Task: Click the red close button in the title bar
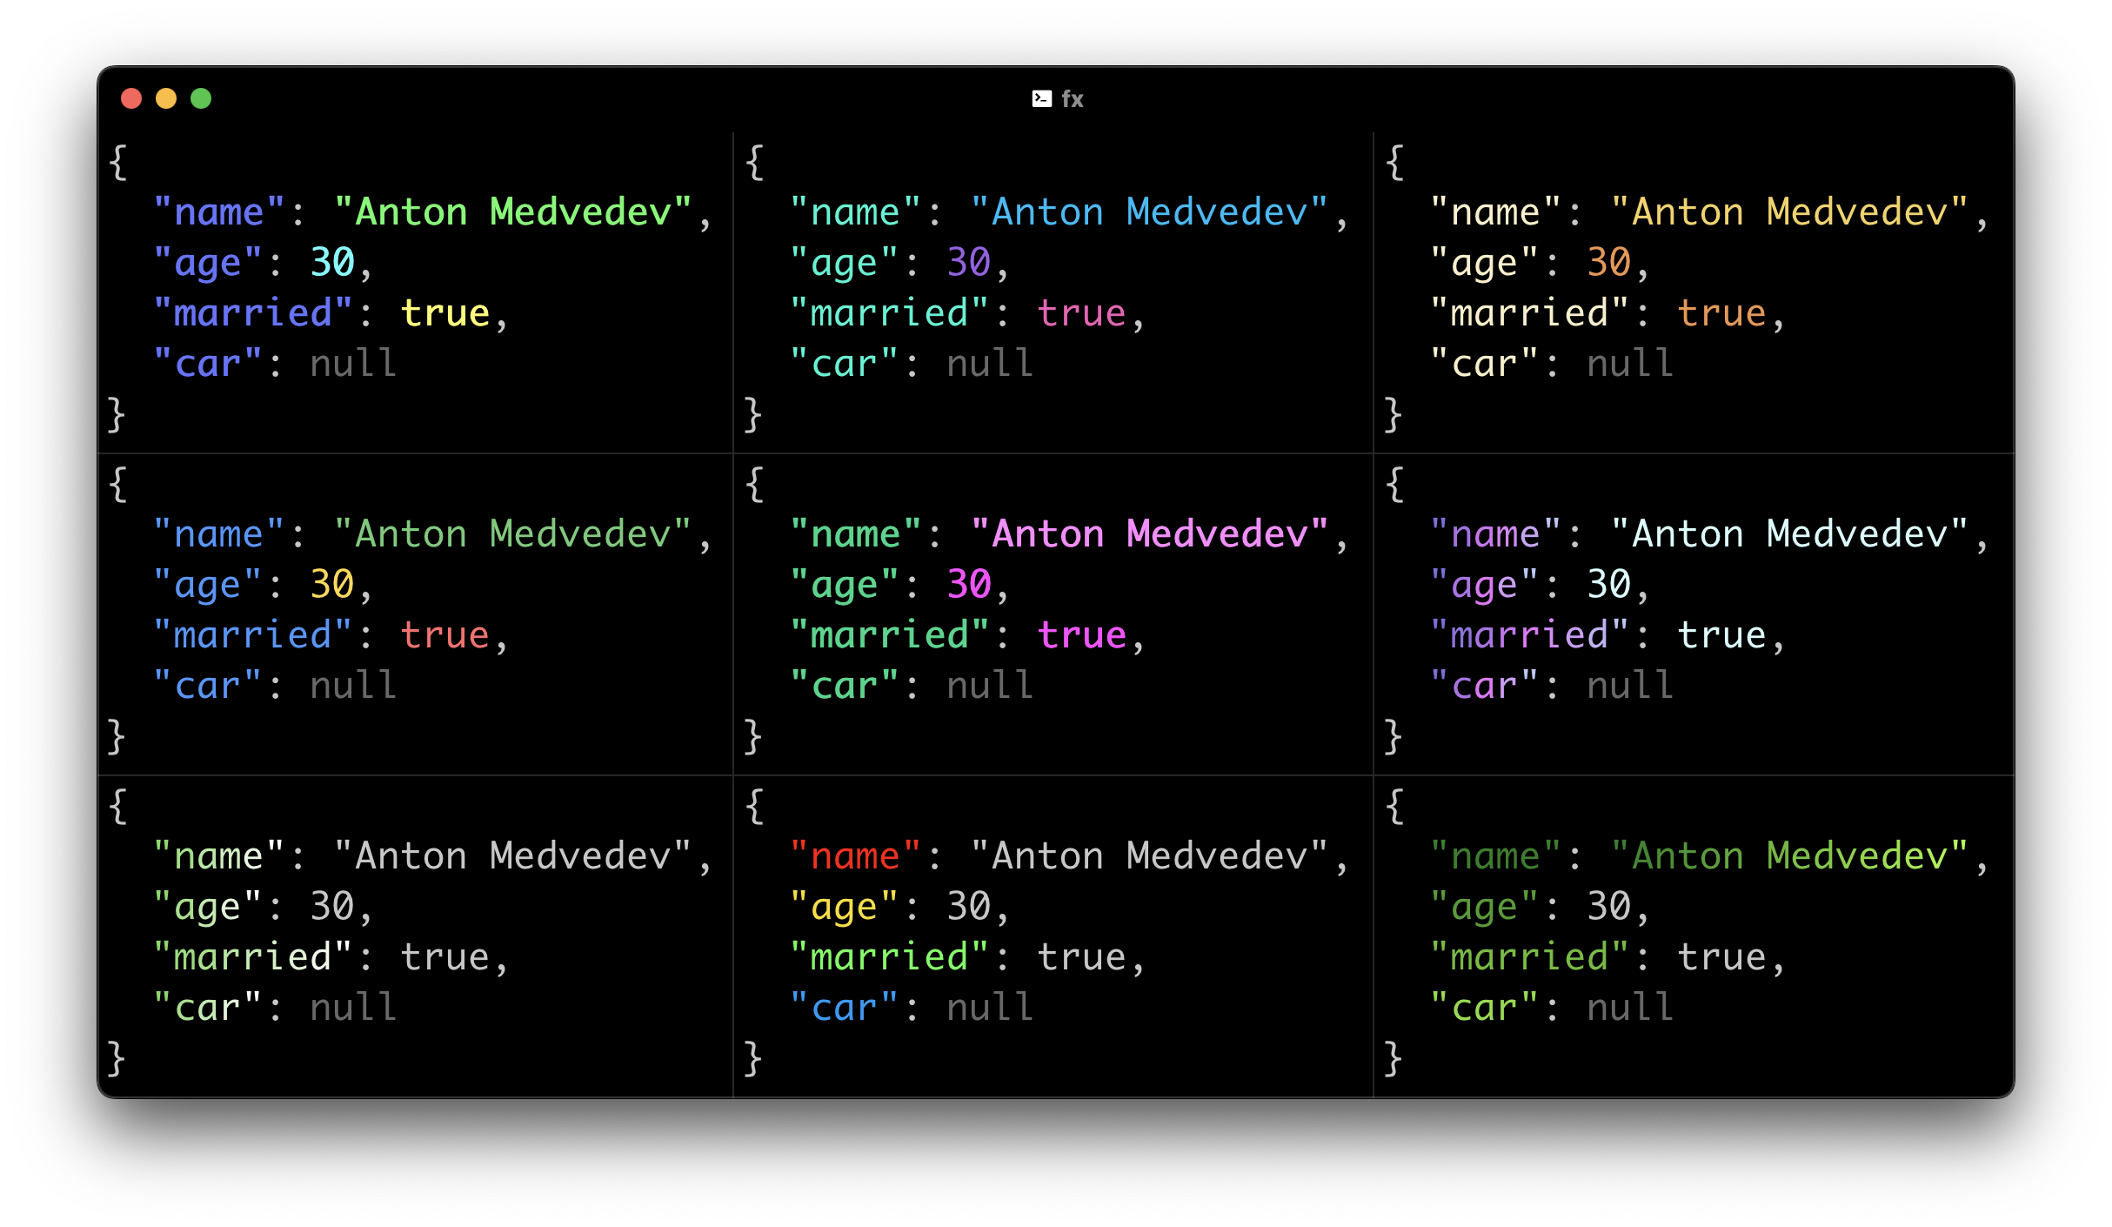click(x=131, y=98)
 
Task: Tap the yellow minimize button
click(x=166, y=98)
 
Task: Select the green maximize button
click(x=201, y=98)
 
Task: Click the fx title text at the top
click(x=1073, y=99)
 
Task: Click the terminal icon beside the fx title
click(x=1041, y=99)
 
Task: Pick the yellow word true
click(x=445, y=313)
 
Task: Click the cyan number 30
click(x=332, y=263)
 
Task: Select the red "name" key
click(x=855, y=856)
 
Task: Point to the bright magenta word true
click(x=1082, y=635)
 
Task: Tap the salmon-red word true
click(x=445, y=635)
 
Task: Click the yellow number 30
click(x=332, y=585)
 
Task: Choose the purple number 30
click(x=969, y=263)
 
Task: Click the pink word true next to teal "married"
click(x=1082, y=313)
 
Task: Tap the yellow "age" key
click(x=844, y=907)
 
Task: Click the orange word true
click(x=1722, y=313)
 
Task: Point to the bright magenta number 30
click(x=969, y=585)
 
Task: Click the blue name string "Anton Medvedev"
click(x=1150, y=212)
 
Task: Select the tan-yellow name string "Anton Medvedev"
click(x=1790, y=212)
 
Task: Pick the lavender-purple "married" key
click(x=1529, y=635)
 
